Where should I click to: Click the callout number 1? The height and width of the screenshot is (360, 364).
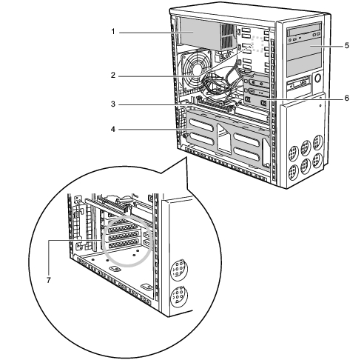click(113, 32)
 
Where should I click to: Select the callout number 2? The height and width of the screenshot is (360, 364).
click(113, 76)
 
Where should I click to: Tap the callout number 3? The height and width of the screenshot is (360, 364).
click(113, 104)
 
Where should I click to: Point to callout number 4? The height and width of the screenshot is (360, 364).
click(113, 129)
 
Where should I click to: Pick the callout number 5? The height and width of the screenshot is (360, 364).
click(347, 46)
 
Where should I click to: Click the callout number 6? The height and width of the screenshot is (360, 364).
click(347, 98)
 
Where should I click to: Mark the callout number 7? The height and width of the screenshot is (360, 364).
click(49, 280)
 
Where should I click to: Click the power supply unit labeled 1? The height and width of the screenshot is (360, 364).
click(207, 34)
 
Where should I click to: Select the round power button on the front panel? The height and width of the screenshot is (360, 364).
click(318, 78)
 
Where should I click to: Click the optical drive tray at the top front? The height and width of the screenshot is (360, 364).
click(304, 32)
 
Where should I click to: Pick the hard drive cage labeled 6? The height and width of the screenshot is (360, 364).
click(256, 90)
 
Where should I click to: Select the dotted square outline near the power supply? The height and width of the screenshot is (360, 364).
click(258, 44)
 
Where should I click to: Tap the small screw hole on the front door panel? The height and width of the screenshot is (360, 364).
click(320, 105)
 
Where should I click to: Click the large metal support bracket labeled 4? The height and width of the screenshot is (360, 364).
click(227, 139)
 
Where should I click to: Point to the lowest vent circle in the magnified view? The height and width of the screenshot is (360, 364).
click(179, 296)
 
